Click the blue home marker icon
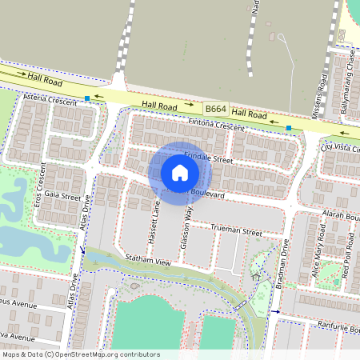tap(180, 173)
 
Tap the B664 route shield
tap(214, 108)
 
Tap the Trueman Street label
tap(236, 230)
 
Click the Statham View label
tap(149, 262)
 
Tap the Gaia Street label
tap(62, 196)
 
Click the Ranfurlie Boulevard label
tap(329, 328)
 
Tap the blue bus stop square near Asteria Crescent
tap(86, 98)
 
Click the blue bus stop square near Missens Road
tap(288, 128)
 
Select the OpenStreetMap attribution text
tap(81, 354)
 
